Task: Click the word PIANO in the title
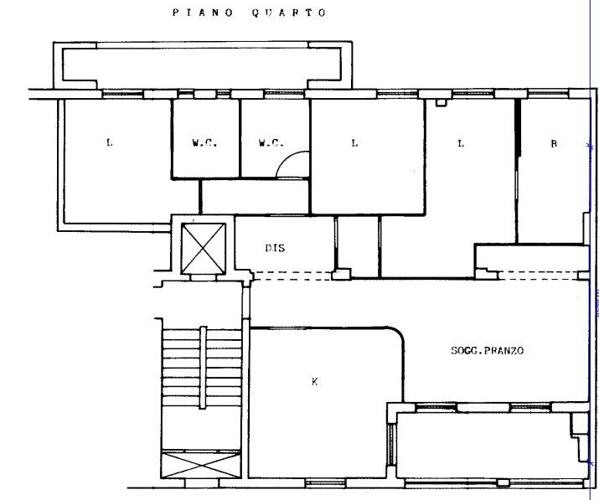203,13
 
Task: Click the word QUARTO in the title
289,13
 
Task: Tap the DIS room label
275,248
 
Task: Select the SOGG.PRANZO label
487,350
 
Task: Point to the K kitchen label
314,381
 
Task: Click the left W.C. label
204,143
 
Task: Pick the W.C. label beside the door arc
271,143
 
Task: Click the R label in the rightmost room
554,143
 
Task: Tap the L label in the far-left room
110,142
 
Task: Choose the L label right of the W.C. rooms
355,143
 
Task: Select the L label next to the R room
461,143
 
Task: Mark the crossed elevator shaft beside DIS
204,248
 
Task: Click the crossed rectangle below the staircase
201,465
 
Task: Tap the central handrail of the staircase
204,368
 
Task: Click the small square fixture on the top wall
441,102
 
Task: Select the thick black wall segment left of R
518,128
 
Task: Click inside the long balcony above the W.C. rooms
201,64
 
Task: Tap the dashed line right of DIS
292,276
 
